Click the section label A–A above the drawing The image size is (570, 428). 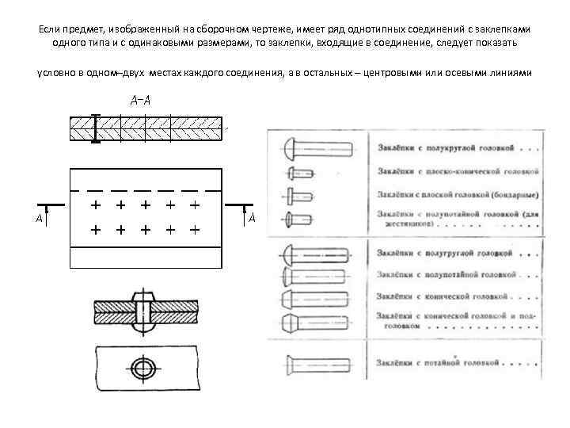(x=142, y=101)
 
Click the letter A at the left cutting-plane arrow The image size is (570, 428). (x=39, y=218)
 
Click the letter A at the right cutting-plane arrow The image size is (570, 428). (x=251, y=218)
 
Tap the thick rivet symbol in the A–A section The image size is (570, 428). (x=95, y=128)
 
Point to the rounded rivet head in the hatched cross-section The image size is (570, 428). (x=143, y=302)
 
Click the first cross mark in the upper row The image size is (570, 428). (x=95, y=204)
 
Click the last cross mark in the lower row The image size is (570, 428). (x=193, y=231)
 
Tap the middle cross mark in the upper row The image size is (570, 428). (x=144, y=204)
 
